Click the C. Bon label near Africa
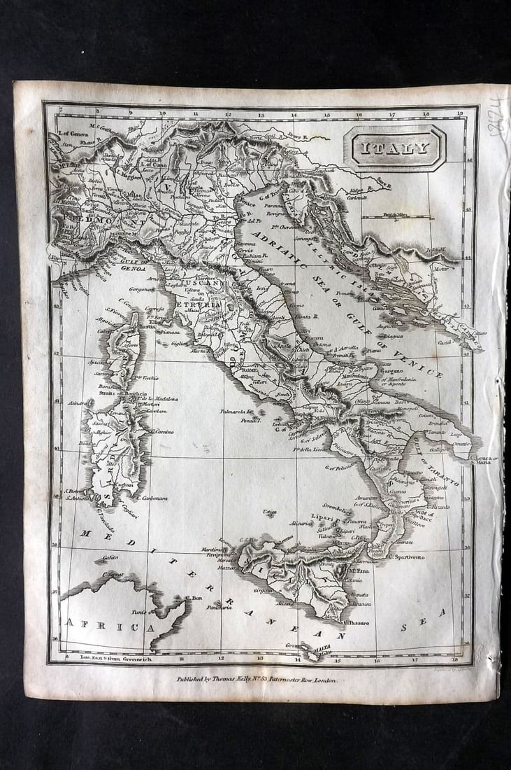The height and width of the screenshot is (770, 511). [x=194, y=598]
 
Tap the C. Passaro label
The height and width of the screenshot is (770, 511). [x=357, y=622]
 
